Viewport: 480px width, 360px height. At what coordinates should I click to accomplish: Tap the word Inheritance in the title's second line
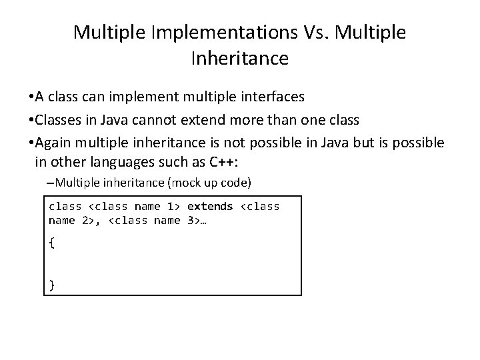point(239,59)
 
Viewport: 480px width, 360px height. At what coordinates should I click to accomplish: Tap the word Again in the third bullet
point(54,143)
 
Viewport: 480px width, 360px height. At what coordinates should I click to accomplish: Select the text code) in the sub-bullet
point(237,182)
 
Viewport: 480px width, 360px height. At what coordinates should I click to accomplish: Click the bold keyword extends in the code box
point(210,207)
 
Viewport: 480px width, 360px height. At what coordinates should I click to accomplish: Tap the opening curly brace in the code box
point(52,243)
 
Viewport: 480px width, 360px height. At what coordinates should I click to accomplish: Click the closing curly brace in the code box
point(52,286)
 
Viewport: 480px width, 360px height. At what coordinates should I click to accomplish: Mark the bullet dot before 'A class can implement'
point(31,97)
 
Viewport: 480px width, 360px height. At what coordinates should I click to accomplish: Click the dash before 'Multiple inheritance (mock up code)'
point(51,182)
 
